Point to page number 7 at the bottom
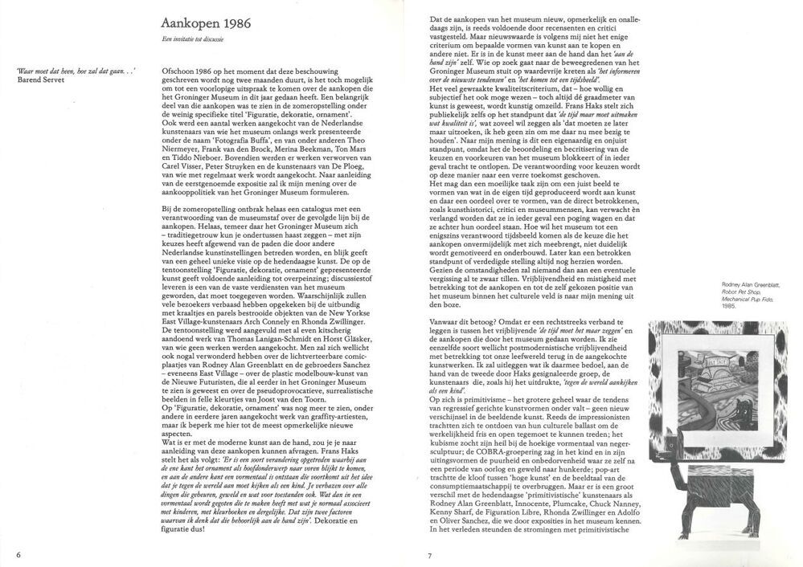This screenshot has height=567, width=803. click(430, 554)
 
